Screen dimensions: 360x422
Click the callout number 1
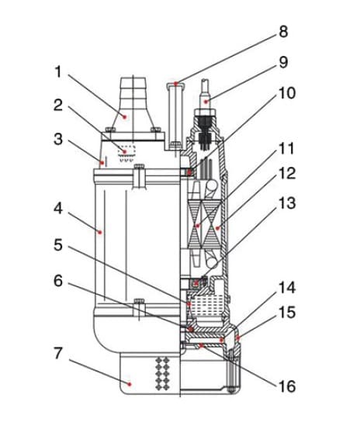tap(58, 72)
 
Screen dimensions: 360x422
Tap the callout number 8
tap(283, 32)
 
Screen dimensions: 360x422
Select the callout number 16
tap(287, 386)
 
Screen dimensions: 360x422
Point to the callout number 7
tap(58, 353)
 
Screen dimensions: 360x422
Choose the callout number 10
tap(287, 93)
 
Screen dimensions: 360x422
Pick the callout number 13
tap(287, 203)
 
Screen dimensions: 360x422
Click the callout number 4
tap(58, 209)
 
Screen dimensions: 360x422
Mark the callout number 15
tap(287, 313)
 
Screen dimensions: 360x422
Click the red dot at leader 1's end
tap(124, 117)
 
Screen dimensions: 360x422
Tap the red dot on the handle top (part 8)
tap(175, 84)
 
